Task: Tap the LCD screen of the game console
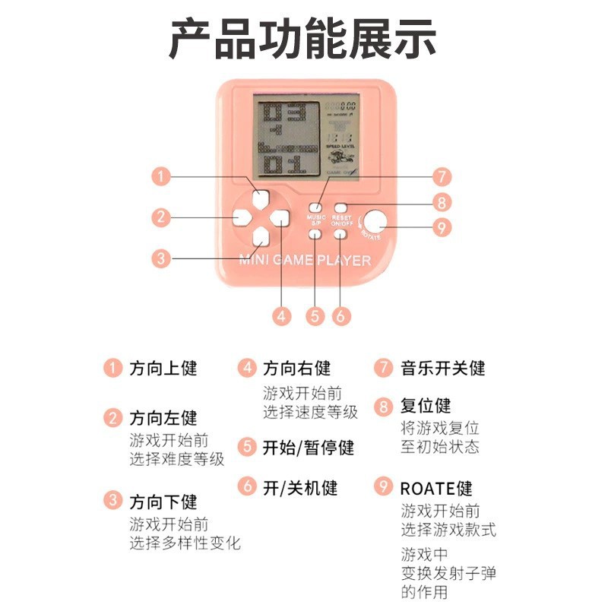pos(304,138)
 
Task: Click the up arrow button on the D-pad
pos(261,200)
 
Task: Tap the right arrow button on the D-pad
pos(280,218)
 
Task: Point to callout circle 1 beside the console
pos(160,176)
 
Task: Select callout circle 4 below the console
pos(283,315)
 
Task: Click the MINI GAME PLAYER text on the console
pos(305,261)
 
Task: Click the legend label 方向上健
pos(163,369)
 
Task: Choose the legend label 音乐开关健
pos(442,369)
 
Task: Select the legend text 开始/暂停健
pos(309,448)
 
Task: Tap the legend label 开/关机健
pos(300,487)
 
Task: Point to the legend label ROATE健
pos(436,487)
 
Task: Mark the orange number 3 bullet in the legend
pos(112,501)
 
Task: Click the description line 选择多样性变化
pos(185,543)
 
